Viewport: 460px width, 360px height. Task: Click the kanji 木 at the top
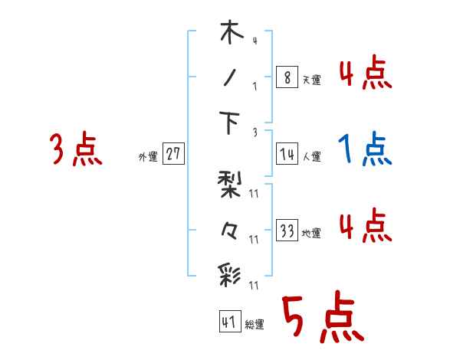230,35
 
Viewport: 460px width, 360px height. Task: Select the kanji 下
230,123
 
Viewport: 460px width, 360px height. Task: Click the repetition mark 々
230,229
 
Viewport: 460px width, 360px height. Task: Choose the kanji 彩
230,273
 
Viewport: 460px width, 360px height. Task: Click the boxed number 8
287,78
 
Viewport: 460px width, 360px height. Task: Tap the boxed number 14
287,154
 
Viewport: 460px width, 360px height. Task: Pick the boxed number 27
172,154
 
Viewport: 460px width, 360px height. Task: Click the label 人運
311,156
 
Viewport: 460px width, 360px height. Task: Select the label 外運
147,156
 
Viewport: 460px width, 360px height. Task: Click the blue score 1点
365,149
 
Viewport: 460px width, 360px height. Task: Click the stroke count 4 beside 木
254,41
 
